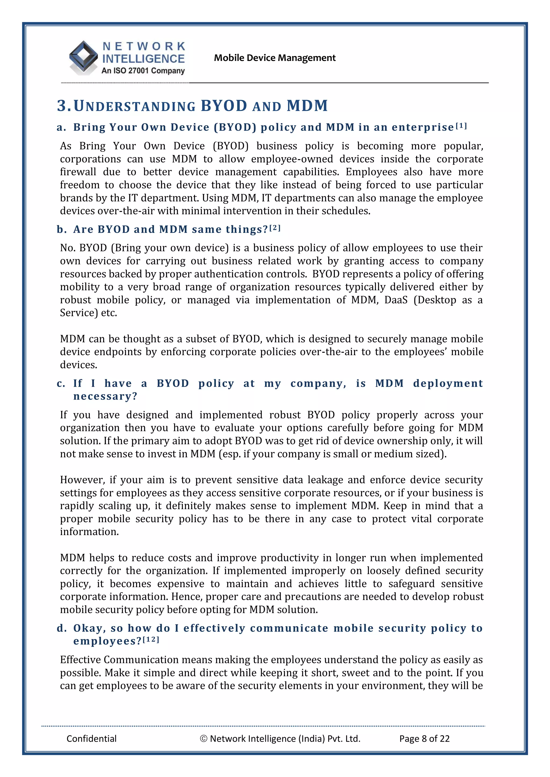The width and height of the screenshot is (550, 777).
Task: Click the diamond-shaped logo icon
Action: coord(83,57)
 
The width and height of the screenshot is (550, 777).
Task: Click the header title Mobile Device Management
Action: coord(274,58)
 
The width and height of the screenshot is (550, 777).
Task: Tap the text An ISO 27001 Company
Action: coord(143,71)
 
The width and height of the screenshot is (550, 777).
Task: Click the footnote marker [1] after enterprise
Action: coord(461,126)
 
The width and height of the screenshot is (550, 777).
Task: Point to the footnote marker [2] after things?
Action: coord(275,228)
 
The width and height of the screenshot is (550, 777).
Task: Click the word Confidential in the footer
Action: coord(92,738)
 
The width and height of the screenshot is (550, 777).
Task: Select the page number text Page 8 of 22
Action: coord(424,738)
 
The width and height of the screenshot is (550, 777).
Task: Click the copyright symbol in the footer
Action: coord(203,738)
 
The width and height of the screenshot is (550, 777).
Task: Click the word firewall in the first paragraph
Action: coord(78,172)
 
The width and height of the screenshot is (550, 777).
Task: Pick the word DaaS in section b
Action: coord(396,300)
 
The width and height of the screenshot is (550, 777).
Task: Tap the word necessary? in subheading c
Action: coord(105,396)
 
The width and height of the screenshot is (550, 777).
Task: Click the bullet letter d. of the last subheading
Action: coord(62,628)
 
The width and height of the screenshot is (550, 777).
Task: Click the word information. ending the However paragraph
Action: coord(89,532)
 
